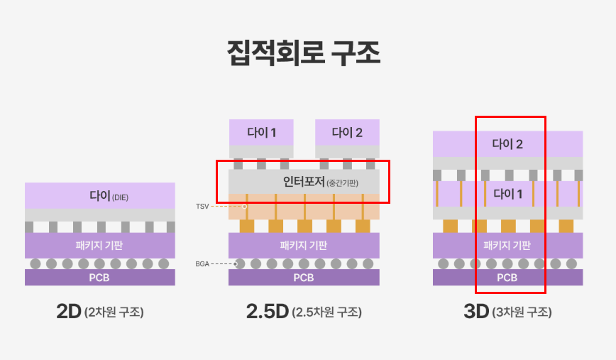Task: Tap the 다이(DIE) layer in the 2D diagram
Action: [x=99, y=195]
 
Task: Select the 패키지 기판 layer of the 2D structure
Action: [x=99, y=246]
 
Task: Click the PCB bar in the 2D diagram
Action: [x=99, y=277]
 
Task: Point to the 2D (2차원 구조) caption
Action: [x=99, y=311]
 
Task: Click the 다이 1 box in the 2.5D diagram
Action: [x=260, y=132]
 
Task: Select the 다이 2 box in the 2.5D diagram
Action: [x=347, y=132]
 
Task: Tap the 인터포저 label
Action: [x=304, y=182]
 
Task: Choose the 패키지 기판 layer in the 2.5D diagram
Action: [x=304, y=246]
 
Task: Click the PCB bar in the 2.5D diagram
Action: [x=304, y=277]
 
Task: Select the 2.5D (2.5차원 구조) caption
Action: [x=304, y=311]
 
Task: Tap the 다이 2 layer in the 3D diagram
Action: [x=507, y=144]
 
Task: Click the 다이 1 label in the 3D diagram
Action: [x=507, y=193]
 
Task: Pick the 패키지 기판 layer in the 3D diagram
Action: [x=507, y=246]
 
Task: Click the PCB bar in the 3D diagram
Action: [x=507, y=277]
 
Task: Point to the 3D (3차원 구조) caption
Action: [x=507, y=311]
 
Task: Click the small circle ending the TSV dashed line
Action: [x=245, y=206]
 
